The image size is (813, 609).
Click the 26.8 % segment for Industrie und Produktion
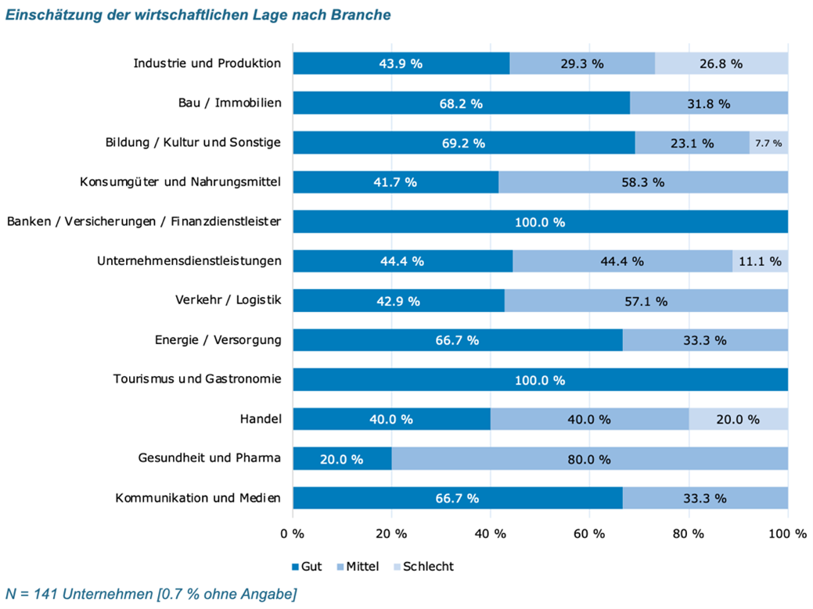click(x=721, y=63)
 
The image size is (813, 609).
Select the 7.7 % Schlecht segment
click(x=768, y=143)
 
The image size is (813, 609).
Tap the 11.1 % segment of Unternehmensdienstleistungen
click(x=760, y=261)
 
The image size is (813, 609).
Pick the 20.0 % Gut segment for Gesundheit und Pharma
click(x=342, y=459)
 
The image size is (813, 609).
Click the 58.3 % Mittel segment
click(x=642, y=182)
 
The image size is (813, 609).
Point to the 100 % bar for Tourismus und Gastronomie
click(x=540, y=380)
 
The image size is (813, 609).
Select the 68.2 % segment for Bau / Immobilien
click(x=462, y=103)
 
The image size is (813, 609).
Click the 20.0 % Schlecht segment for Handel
click(x=738, y=419)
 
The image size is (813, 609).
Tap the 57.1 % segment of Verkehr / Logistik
click(x=646, y=301)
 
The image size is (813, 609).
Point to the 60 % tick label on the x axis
click(x=589, y=534)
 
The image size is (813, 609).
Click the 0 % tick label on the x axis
click(x=293, y=534)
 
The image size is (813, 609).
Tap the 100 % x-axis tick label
click(x=787, y=534)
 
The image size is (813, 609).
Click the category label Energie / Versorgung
click(x=218, y=340)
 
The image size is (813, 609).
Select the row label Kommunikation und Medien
click(x=197, y=498)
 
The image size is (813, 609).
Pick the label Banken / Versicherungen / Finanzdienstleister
click(x=144, y=222)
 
